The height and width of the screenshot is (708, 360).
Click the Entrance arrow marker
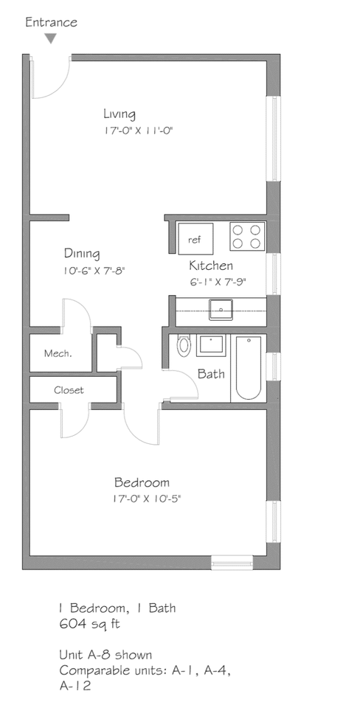coord(50,38)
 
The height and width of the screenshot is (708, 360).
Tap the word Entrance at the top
coord(51,22)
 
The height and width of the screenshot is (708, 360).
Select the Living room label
coord(119,114)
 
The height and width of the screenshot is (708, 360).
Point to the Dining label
coord(81,254)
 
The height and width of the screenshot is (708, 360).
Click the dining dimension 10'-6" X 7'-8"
coord(94,271)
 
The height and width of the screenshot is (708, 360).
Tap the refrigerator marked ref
coord(195,239)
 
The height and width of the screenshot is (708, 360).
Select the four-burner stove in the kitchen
coord(247,236)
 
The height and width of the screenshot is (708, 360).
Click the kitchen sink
coord(221,309)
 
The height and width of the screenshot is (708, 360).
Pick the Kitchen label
coord(211,265)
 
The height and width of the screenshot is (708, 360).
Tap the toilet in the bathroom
coord(184,345)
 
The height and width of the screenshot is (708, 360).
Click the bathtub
coord(248,368)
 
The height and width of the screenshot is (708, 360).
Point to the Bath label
coord(210,374)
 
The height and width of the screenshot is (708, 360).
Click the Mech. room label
coord(58,353)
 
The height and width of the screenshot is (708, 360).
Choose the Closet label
coord(69,390)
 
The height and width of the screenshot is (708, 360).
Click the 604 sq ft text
coord(89,624)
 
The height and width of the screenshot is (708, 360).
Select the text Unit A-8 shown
coord(105,655)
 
